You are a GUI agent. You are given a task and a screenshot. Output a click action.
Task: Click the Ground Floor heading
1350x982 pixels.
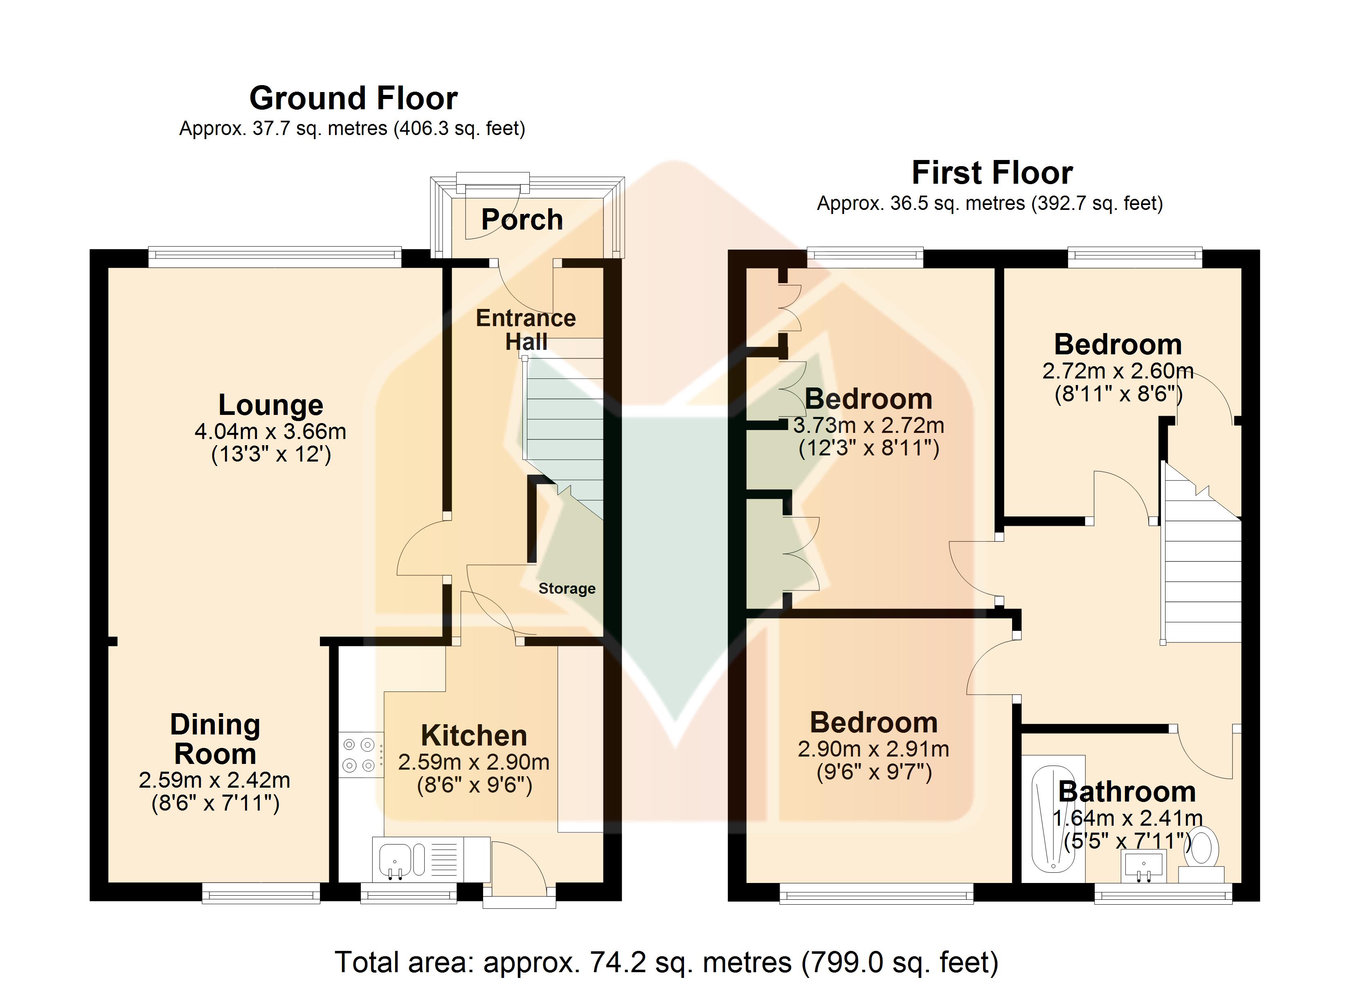pos(353,98)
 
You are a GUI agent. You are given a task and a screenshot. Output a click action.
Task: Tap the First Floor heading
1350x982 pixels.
pos(992,173)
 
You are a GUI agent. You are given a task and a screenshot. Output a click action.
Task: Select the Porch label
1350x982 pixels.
pos(522,219)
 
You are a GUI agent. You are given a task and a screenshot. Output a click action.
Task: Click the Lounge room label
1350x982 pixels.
pos(271,405)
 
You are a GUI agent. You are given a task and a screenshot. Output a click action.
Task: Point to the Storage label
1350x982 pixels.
pos(567,588)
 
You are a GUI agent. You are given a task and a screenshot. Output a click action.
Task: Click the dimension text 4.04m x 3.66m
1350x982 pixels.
pos(270,431)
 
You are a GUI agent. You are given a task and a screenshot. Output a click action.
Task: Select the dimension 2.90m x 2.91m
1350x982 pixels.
pos(873,749)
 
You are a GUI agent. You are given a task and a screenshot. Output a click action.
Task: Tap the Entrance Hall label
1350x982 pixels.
pos(526,330)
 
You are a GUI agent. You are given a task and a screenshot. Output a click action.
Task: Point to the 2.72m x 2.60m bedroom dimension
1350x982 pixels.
pos(1118,372)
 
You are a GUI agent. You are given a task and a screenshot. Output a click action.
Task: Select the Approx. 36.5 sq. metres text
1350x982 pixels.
pos(921,204)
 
